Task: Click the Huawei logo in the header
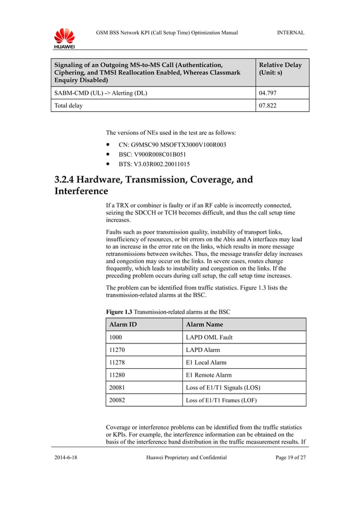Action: coord(64,38)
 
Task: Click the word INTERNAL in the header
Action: coord(291,33)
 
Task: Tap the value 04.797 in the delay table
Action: coord(267,93)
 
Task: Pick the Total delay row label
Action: coord(68,106)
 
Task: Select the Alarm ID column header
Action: coord(123,325)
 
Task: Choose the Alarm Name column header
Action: coord(204,325)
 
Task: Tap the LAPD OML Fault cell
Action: coord(209,337)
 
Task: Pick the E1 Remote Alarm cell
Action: coord(208,375)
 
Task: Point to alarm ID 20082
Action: coord(117,400)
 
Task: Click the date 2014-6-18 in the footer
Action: coord(65,457)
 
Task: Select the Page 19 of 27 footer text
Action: coord(291,457)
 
